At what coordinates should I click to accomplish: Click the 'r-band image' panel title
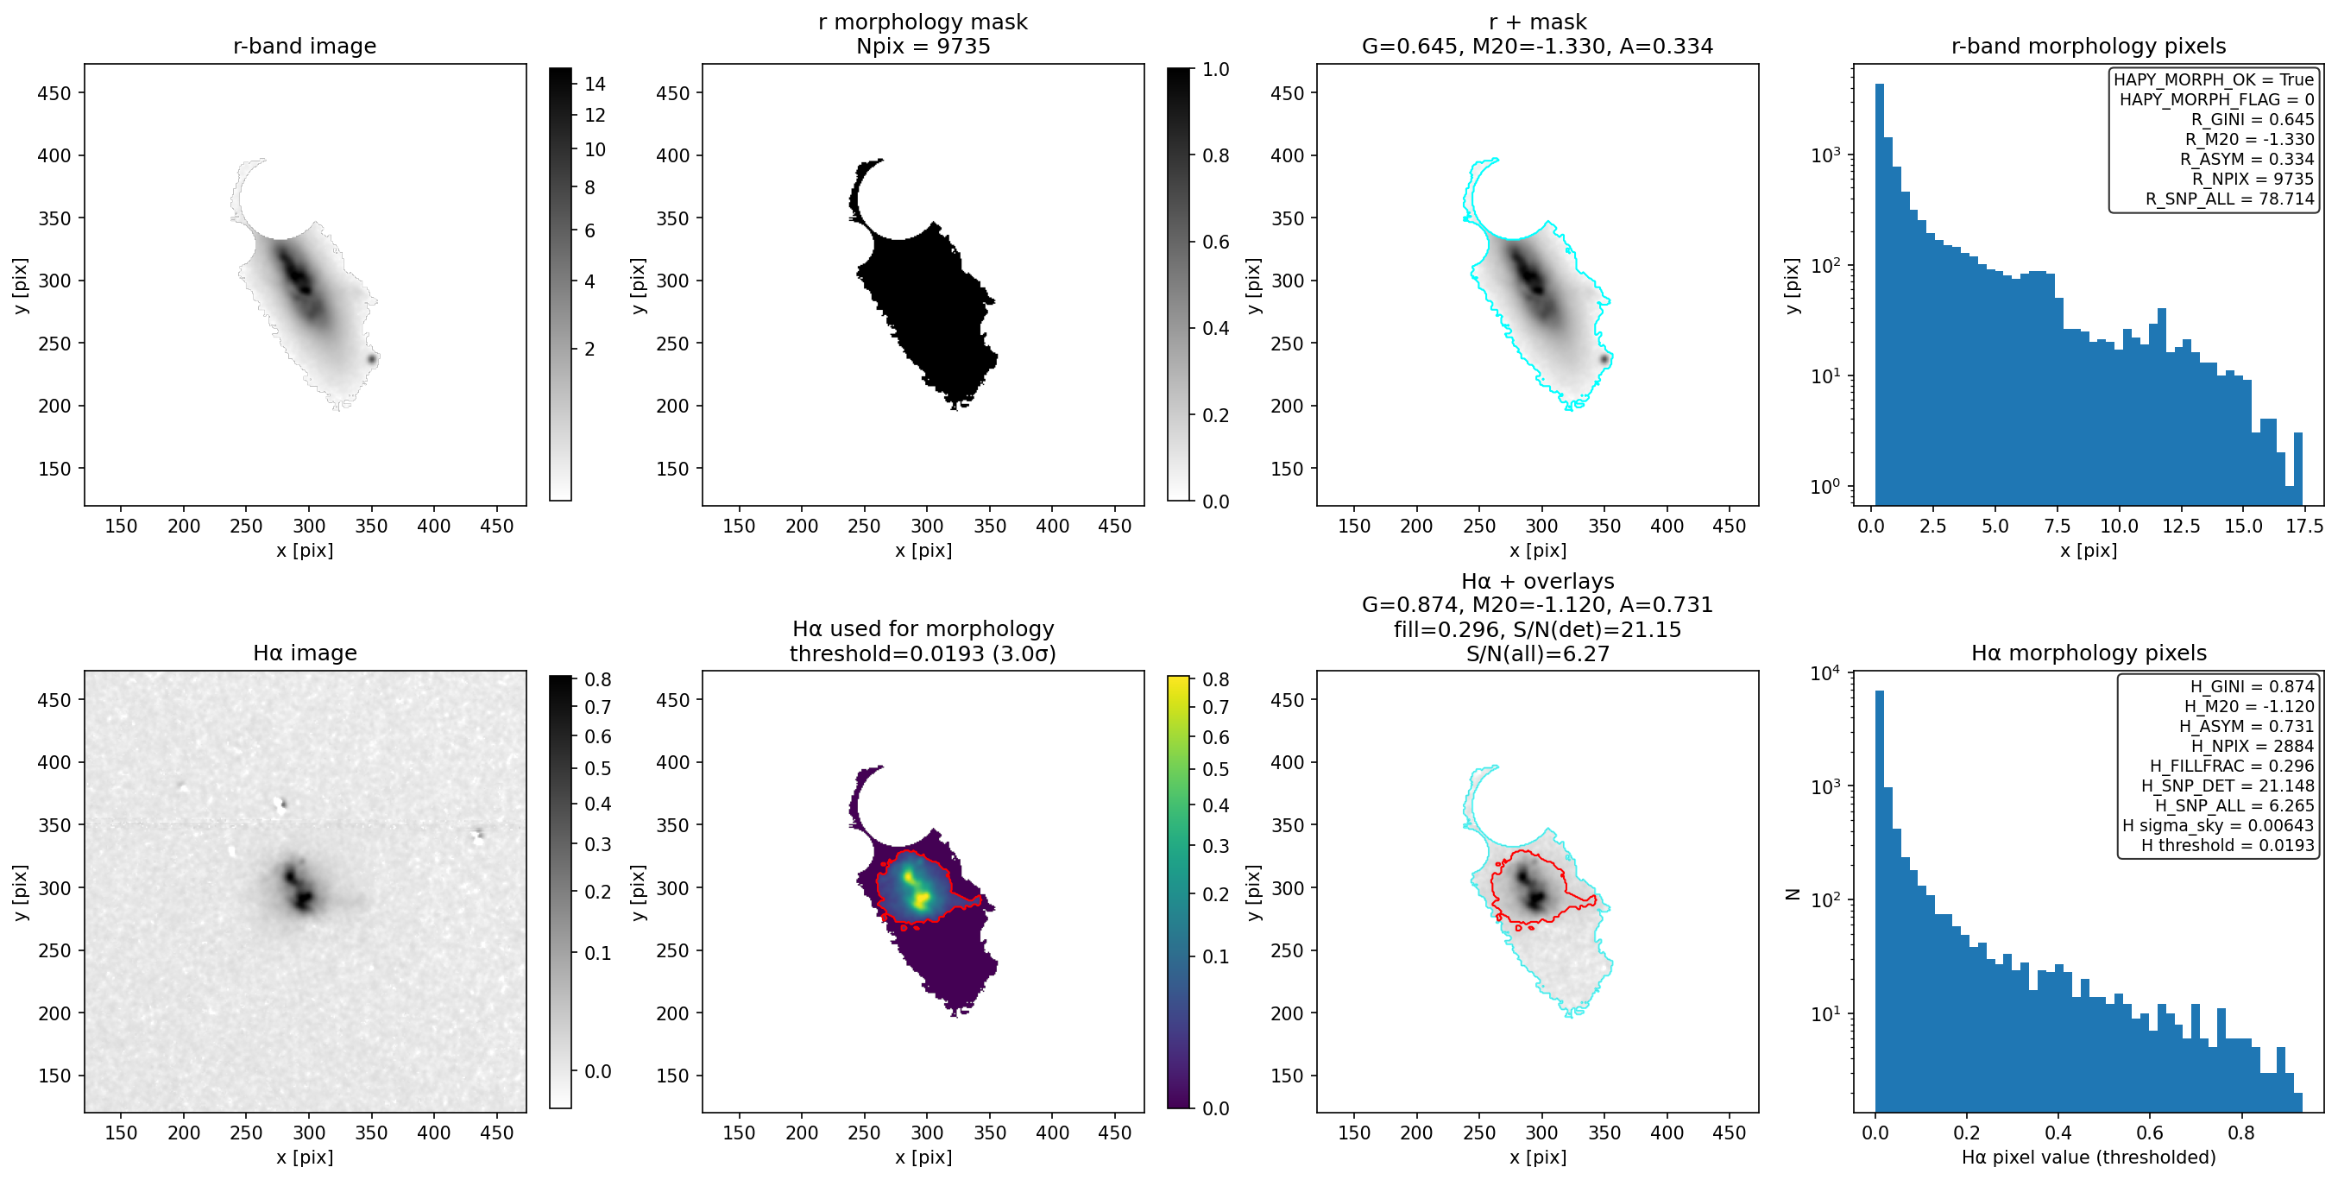(x=304, y=46)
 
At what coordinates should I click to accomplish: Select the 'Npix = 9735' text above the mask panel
(x=923, y=46)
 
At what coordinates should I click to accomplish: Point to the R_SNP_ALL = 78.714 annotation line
(x=2230, y=199)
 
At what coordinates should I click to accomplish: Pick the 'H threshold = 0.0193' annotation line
(x=2228, y=845)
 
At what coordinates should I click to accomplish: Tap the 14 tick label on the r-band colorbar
(x=595, y=84)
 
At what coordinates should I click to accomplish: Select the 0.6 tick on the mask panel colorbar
(x=1215, y=242)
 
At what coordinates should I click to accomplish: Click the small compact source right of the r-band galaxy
(x=371, y=358)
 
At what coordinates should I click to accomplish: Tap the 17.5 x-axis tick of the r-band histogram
(x=2304, y=526)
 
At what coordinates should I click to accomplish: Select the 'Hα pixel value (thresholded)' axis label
(x=2089, y=1157)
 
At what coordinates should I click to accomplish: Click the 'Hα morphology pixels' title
(x=2089, y=653)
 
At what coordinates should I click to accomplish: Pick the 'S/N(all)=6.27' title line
(x=1537, y=653)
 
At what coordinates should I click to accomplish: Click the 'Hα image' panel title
(x=304, y=653)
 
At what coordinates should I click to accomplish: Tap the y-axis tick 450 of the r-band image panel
(x=54, y=92)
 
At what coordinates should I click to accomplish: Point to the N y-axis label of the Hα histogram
(x=1792, y=893)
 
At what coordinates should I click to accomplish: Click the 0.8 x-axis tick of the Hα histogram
(x=2240, y=1132)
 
